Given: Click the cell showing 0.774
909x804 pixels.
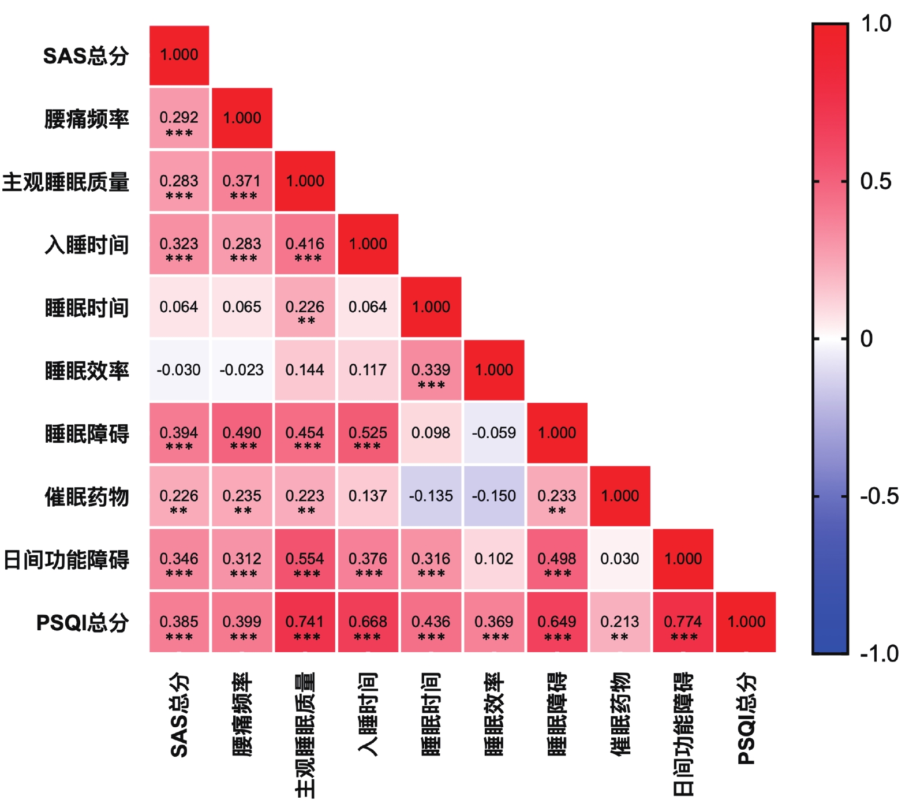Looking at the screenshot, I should (683, 622).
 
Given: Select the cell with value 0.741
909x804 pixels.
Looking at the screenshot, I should (305, 622).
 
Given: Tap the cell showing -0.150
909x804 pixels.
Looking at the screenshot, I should (494, 496).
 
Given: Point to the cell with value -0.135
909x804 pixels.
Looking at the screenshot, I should (431, 496).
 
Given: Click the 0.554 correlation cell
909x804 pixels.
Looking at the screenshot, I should (305, 559).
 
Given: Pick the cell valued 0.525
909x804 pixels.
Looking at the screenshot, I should (368, 433).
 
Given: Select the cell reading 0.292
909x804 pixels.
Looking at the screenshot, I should (179, 118).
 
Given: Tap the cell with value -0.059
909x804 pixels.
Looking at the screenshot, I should (494, 433).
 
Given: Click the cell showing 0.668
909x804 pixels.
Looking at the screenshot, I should (368, 622).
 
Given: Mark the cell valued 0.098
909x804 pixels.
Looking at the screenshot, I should (431, 433).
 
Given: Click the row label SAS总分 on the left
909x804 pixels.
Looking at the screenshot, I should (86, 56).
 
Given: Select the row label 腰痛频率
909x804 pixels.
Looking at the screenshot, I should (87, 119).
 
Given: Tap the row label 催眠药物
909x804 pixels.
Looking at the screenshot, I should (87, 497).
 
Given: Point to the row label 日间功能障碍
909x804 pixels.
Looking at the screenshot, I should (66, 560).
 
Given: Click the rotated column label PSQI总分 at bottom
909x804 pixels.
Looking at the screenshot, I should (746, 719).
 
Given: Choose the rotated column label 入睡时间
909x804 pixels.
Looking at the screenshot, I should (368, 714).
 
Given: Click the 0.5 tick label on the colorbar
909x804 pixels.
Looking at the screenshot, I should (876, 182).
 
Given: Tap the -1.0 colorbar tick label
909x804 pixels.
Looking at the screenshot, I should (879, 654).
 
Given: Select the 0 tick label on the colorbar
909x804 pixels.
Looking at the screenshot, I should (866, 339).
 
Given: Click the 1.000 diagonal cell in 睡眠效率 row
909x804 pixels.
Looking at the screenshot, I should (494, 370).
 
